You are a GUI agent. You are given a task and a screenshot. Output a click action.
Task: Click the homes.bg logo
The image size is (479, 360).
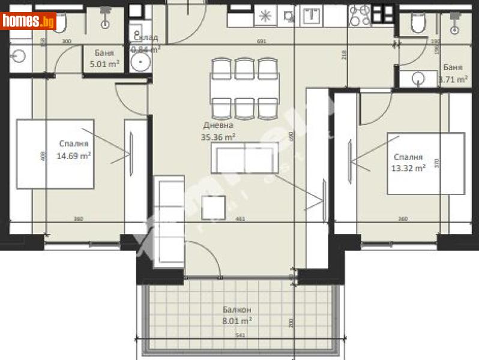point(29,21)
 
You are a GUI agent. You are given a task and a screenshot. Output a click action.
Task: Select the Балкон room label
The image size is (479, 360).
point(236,310)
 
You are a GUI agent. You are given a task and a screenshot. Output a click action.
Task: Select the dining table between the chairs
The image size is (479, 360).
point(244,88)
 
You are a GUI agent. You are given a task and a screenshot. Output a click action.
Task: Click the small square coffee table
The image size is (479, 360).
point(214,207)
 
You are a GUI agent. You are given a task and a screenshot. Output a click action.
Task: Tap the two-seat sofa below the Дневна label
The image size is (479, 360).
point(244,158)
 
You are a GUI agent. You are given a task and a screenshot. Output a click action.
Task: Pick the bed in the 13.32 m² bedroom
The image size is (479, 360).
point(426,164)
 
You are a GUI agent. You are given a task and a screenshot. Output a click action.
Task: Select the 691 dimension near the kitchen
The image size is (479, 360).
point(261,42)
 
